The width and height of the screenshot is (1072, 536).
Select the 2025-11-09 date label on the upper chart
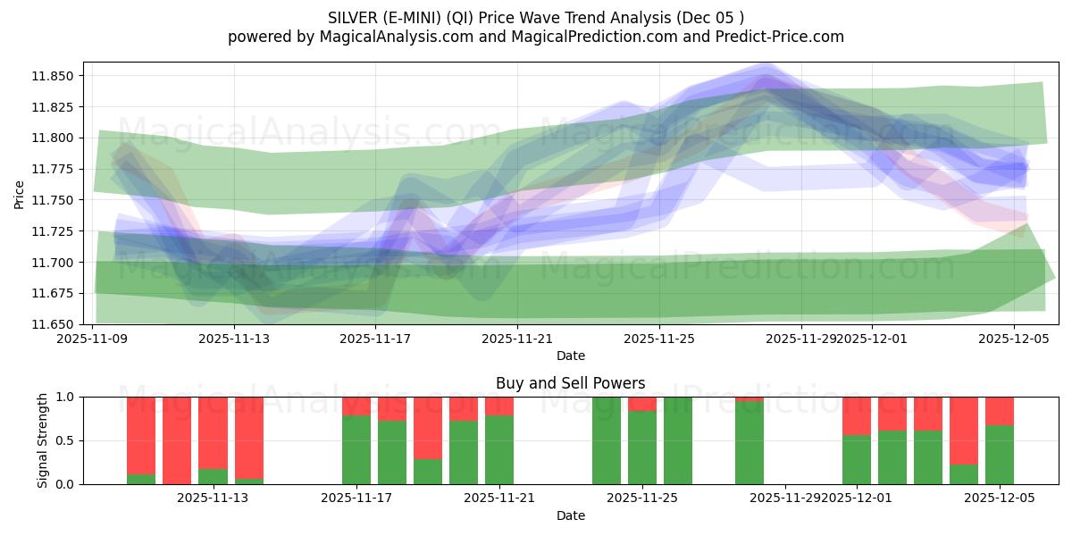tap(92, 339)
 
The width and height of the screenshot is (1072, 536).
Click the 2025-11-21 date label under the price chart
tap(517, 339)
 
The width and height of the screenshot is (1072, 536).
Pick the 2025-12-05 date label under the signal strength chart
tap(1000, 498)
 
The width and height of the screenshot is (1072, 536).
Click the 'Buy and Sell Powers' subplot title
tap(570, 383)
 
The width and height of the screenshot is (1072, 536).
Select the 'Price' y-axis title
tap(20, 193)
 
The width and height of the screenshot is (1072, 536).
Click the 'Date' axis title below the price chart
tap(570, 356)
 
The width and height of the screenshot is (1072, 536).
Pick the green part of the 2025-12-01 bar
tap(857, 459)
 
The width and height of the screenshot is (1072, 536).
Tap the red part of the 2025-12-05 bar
tap(1000, 410)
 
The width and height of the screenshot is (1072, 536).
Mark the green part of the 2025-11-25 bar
tap(642, 447)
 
